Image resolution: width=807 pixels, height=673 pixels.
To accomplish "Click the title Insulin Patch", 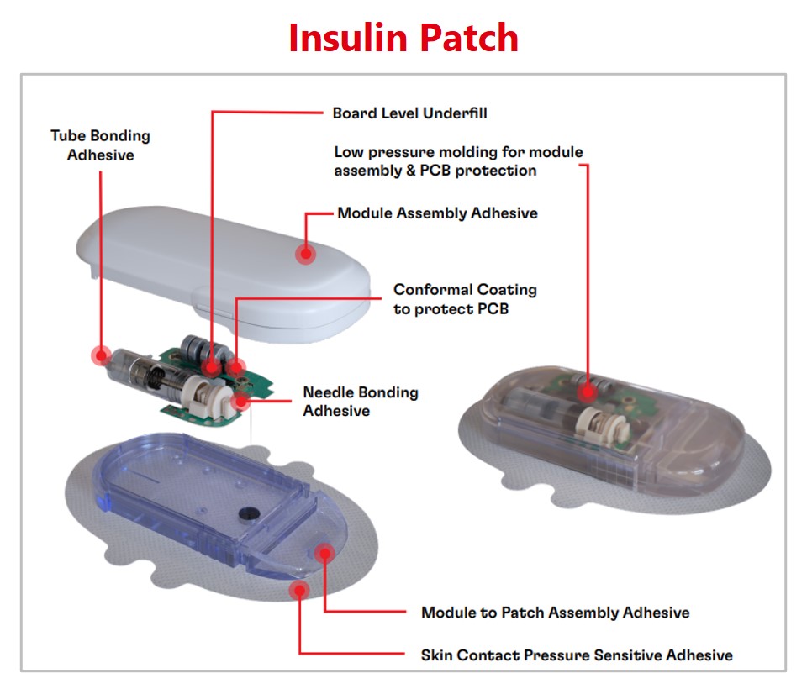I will pyautogui.click(x=403, y=38).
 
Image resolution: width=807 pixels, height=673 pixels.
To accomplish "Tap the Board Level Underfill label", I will pyautogui.click(x=409, y=113).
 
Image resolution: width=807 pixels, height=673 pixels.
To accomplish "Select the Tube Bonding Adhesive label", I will pyautogui.click(x=100, y=145).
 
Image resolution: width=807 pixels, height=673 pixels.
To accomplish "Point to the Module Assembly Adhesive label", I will pyautogui.click(x=437, y=213).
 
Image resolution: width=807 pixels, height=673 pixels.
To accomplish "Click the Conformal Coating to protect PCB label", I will pyautogui.click(x=465, y=299).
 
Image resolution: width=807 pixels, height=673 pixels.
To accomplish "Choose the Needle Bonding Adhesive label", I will pyautogui.click(x=360, y=402).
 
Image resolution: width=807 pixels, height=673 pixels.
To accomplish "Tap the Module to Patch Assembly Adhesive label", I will pyautogui.click(x=555, y=613).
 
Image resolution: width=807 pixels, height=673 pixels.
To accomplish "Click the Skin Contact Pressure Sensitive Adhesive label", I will pyautogui.click(x=576, y=655).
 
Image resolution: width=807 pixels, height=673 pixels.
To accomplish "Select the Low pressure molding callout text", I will pyautogui.click(x=458, y=161).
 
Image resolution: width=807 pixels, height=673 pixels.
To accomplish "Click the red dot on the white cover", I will pyautogui.click(x=305, y=251).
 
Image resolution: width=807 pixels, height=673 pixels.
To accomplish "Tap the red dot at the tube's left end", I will pyautogui.click(x=101, y=355).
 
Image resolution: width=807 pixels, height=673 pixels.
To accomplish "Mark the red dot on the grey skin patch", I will pyautogui.click(x=298, y=590).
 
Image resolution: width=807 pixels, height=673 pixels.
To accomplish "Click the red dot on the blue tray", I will pyautogui.click(x=324, y=552).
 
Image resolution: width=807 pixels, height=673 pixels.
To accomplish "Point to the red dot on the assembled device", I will pyautogui.click(x=587, y=389).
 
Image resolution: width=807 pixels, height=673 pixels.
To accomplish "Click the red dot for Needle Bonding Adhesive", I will pyautogui.click(x=242, y=399).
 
